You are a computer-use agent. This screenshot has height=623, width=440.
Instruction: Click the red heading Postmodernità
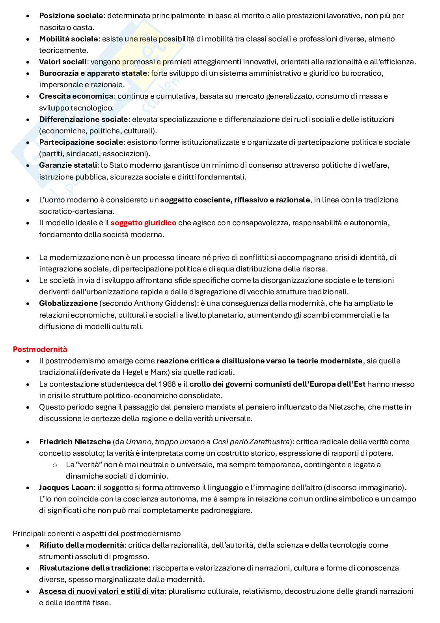click(40, 349)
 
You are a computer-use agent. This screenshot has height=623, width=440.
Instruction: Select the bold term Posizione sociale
click(71, 16)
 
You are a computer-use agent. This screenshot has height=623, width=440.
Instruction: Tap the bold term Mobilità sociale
click(68, 39)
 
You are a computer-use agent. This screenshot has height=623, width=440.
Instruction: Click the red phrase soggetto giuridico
click(143, 223)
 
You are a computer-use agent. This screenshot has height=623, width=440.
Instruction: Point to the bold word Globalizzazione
click(68, 303)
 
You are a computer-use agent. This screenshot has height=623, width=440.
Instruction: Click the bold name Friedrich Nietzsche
click(75, 442)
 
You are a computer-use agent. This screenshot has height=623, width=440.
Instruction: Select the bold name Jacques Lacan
click(66, 488)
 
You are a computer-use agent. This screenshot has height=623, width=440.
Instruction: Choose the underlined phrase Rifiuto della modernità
click(82, 545)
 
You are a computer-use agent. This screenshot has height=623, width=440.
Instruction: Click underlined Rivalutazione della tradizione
click(93, 568)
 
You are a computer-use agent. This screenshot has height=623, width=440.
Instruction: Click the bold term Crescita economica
click(76, 96)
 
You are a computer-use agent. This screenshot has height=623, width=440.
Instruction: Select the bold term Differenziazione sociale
click(84, 119)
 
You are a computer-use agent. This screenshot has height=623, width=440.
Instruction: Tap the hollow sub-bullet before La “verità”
click(55, 465)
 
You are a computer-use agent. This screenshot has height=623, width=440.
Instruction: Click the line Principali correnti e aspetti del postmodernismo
click(97, 533)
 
